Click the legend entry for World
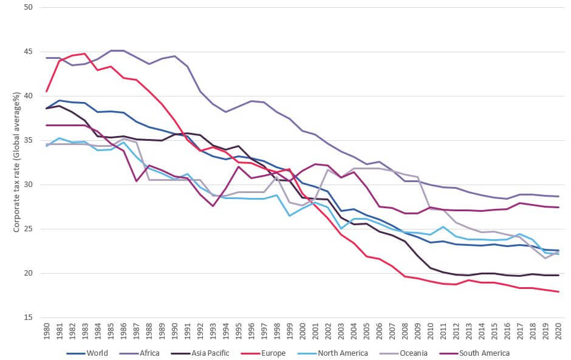[87, 353]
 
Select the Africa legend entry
[140, 353]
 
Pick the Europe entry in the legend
[263, 353]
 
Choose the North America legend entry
[332, 353]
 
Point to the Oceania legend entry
[403, 353]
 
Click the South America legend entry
[474, 353]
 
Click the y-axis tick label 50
[28, 7]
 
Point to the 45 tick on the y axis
[28, 52]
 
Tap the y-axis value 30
[28, 185]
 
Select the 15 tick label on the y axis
[28, 318]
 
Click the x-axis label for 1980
[47, 331]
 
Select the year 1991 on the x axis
[188, 331]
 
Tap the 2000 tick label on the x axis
[303, 331]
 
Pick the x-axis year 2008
[405, 331]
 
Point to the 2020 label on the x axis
[559, 331]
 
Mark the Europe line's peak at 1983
[85, 53]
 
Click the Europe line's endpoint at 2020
[559, 291]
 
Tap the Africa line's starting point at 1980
[47, 58]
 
